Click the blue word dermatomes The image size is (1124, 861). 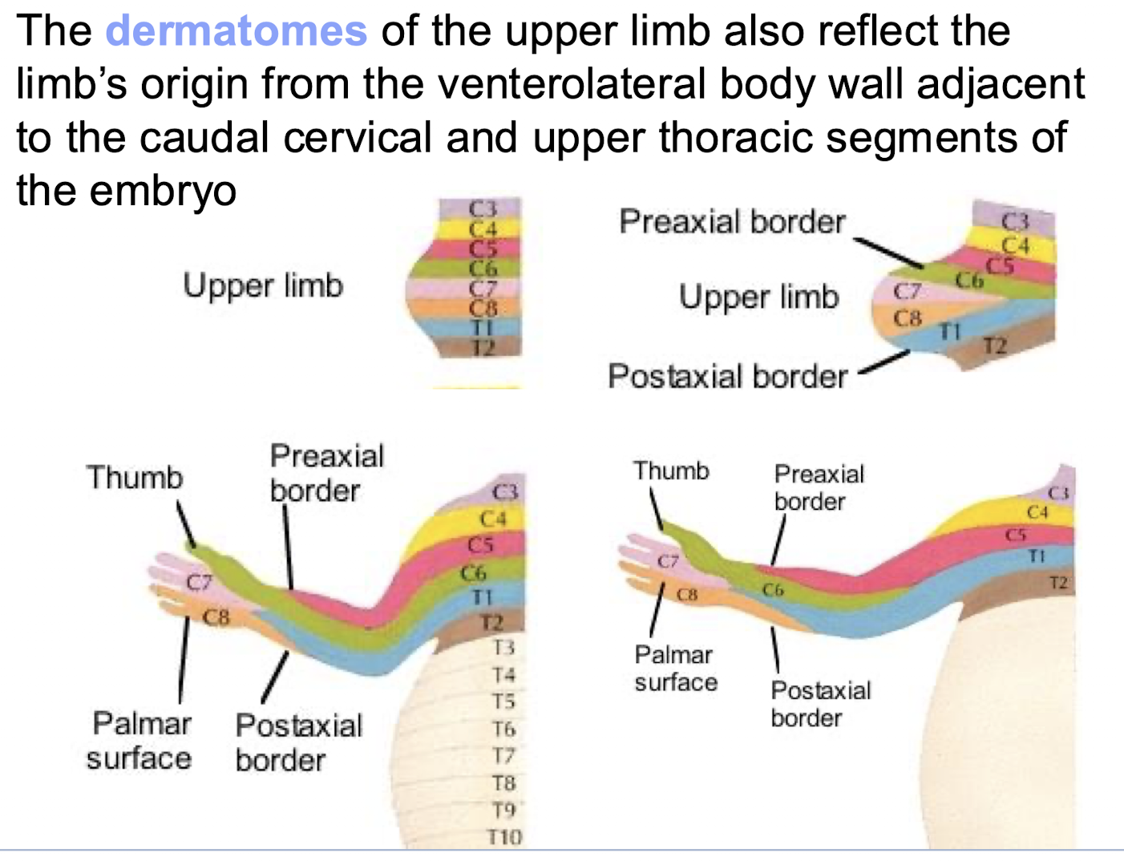point(237,31)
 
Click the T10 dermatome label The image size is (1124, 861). point(504,838)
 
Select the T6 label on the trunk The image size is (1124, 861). point(503,730)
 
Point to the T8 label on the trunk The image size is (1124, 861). point(503,783)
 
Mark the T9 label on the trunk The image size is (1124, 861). point(503,810)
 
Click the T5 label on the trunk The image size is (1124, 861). point(503,702)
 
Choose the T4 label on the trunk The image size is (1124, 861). point(503,675)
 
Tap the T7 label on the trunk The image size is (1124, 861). point(503,756)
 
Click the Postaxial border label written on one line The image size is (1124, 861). point(727,376)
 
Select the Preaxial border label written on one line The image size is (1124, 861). point(732,222)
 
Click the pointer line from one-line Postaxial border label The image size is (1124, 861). point(884,362)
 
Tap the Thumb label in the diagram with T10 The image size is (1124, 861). point(135,478)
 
